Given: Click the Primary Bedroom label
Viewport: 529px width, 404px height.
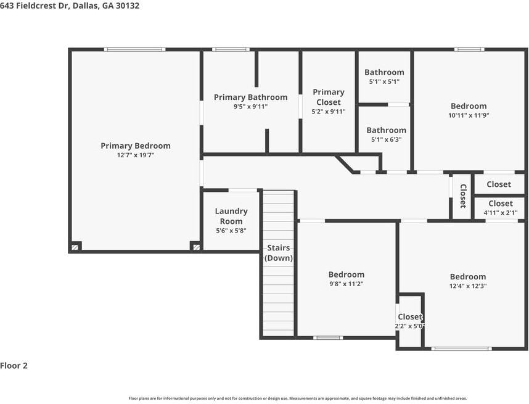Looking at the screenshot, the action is click(135, 146).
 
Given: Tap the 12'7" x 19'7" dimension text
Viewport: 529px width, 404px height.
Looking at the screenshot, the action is click(135, 155).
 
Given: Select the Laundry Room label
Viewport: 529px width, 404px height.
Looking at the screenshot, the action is click(231, 216).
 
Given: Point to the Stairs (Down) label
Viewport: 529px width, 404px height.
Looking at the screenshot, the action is click(278, 253).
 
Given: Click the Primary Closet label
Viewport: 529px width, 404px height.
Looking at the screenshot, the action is click(328, 97).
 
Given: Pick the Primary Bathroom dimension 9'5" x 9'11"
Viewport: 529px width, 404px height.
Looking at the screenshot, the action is click(250, 107).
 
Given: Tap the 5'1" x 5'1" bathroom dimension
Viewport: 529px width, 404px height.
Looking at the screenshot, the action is click(384, 81).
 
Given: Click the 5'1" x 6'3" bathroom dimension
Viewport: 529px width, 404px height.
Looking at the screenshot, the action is click(387, 139).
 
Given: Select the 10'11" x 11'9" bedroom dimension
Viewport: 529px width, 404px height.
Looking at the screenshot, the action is click(469, 115).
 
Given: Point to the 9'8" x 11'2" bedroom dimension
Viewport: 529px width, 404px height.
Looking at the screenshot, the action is click(346, 284).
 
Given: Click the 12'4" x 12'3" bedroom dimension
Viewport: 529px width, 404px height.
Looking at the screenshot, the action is click(468, 286).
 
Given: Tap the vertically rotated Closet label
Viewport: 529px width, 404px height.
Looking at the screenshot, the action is click(463, 196).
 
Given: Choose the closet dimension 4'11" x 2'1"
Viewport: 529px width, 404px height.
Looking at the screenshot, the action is click(500, 213).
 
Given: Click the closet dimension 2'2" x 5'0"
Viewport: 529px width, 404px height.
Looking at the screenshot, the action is click(410, 326).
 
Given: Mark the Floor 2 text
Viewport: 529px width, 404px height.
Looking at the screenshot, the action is click(14, 366).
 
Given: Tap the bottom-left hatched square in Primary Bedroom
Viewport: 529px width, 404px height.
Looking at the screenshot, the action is click(75, 247).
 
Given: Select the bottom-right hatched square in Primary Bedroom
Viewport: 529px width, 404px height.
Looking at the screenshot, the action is click(196, 247).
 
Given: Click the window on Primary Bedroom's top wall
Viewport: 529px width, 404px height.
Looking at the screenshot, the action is click(134, 49).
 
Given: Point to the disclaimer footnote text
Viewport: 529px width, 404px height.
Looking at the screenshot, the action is click(298, 398).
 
